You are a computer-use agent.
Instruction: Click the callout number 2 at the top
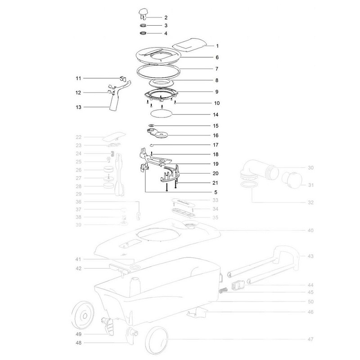166,18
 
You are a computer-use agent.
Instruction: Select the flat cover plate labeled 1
189,43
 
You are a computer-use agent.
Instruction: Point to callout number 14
216,115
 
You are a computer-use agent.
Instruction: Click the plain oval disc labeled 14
161,114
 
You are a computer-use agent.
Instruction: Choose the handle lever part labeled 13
118,96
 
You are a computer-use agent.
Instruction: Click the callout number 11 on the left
78,78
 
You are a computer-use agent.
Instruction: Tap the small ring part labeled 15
152,126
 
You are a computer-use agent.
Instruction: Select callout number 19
216,164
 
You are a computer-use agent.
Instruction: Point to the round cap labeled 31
292,180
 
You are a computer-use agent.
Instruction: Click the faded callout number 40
310,230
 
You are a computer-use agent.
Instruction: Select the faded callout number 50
310,301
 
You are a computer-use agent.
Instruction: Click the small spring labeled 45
222,291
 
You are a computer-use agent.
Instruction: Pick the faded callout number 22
78,137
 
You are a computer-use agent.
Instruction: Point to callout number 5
216,192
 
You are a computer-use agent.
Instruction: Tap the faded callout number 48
78,343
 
